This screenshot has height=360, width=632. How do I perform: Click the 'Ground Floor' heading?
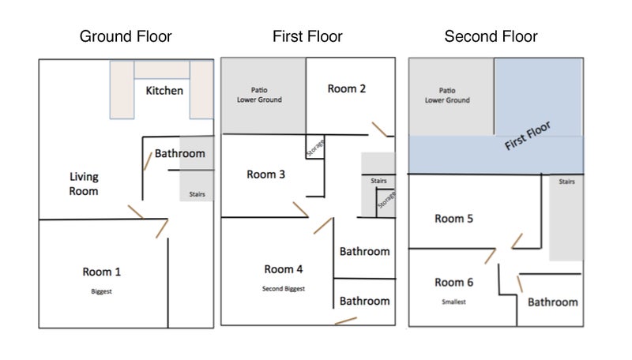click(126, 36)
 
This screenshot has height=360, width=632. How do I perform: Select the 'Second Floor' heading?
click(491, 36)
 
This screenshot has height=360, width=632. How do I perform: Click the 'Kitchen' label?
click(164, 91)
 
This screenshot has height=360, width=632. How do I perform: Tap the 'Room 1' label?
click(102, 272)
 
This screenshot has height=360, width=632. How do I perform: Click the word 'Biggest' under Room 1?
click(102, 291)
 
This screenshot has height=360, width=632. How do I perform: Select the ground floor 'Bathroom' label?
click(179, 153)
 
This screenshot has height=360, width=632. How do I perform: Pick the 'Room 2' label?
click(347, 88)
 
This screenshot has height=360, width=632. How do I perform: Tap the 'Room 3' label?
click(265, 174)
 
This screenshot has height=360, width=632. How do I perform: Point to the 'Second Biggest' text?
click(284, 289)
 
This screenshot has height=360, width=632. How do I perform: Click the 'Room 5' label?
click(453, 219)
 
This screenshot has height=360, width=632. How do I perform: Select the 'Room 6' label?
click(453, 282)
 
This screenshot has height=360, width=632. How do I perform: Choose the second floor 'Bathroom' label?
click(552, 302)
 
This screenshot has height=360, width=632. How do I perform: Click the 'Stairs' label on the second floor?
click(567, 182)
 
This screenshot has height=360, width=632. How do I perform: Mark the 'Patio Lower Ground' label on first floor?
click(260, 95)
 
